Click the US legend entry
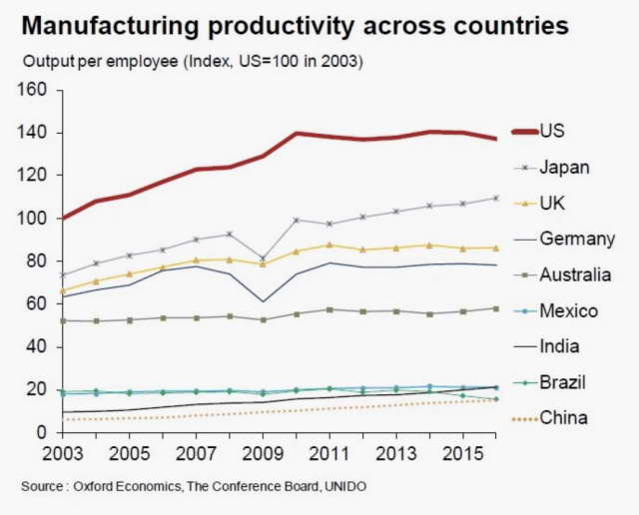pos(551,130)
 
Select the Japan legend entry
pos(564,167)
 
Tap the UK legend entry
pos(552,203)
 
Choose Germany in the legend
pos(576,239)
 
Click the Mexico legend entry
pos(568,310)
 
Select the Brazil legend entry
pos(560,382)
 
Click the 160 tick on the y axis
pos(34,91)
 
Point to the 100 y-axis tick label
pos(34,219)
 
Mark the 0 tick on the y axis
pos(43,433)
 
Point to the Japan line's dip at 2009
pos(263,258)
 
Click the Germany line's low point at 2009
pos(263,301)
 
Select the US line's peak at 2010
pos(297,133)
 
